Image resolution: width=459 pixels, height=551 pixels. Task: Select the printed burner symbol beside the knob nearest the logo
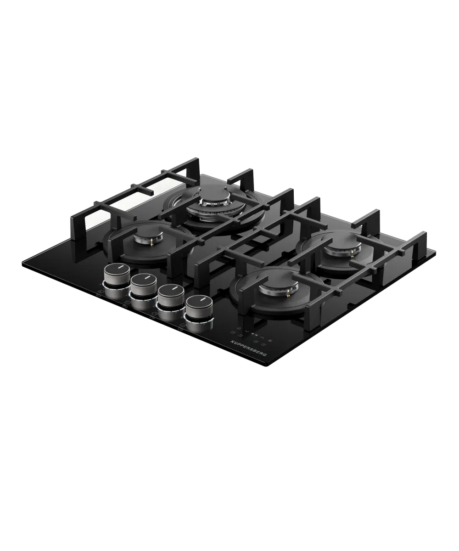(182, 326)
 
